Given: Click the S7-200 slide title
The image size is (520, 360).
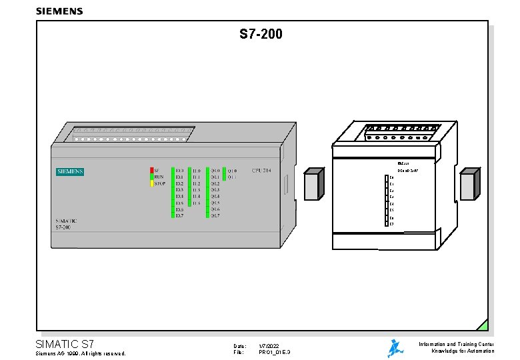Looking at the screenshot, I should point(261,34).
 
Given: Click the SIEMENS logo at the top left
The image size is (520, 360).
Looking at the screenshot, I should point(59,11).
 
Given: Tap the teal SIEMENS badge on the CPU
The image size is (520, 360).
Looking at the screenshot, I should point(70,171).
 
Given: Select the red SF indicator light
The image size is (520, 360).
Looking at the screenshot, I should point(152,170).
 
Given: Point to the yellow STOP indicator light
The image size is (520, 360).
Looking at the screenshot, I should point(152,183).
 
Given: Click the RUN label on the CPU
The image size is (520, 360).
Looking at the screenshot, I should point(159,177).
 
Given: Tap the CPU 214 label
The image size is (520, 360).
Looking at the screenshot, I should point(261,171).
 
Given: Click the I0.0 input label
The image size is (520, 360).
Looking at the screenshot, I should point(179,171).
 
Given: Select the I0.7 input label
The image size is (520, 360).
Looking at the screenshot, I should point(179,215).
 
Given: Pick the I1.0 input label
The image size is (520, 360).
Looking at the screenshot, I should point(196,171).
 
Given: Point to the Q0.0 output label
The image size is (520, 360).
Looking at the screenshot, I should point(215,171).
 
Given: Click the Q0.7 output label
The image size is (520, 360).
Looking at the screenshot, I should point(215,215).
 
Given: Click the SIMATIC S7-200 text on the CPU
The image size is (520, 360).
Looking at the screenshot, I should point(67,224).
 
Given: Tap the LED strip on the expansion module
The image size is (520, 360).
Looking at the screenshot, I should point(387,201).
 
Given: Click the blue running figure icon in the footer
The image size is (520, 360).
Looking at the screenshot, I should point(396,349).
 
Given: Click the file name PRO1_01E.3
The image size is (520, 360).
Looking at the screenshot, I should point(274,353).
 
